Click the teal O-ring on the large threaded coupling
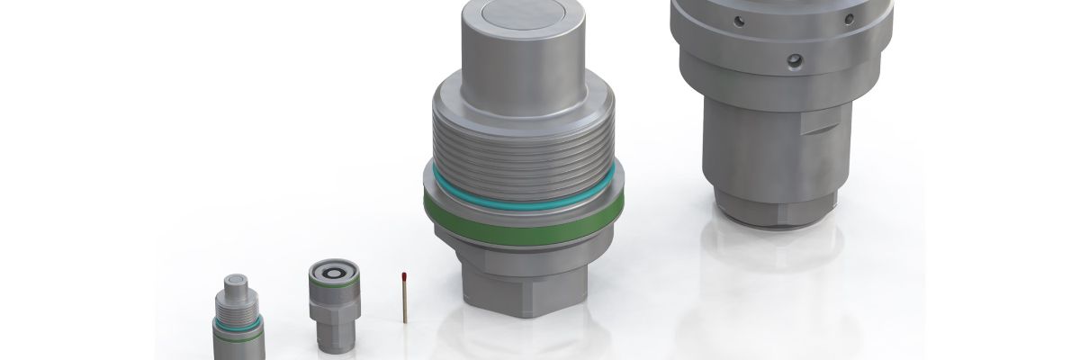point(521,184)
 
